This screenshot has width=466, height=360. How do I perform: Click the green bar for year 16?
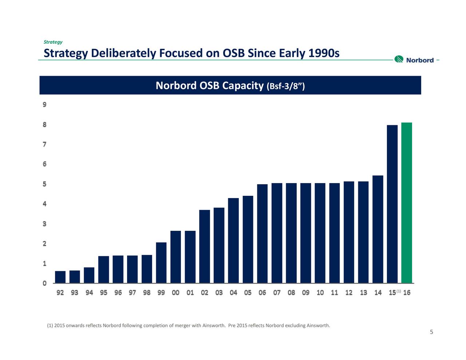tap(406, 203)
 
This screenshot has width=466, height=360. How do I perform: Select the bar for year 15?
tap(392, 204)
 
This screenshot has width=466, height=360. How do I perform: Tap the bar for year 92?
tap(60, 277)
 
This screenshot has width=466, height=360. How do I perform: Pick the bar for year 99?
tap(161, 262)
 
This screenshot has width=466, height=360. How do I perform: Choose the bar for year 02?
tap(205, 246)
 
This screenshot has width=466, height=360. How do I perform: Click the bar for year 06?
tap(262, 233)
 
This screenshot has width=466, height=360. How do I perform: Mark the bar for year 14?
tap(378, 229)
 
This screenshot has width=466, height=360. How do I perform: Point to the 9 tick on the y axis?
tap(44, 105)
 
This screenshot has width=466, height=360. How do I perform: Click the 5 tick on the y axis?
tap(44, 184)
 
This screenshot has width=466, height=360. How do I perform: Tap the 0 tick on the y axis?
tap(44, 283)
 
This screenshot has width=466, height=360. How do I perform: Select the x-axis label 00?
tap(175, 293)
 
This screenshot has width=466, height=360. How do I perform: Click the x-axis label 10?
tap(320, 293)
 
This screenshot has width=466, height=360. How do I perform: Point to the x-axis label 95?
tap(103, 293)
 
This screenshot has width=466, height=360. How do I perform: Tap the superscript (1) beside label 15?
tap(399, 291)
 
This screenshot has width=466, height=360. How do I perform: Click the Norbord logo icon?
tap(399, 59)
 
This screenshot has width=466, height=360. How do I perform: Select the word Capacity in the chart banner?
tap(243, 86)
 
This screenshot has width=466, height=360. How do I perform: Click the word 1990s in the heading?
tap(324, 53)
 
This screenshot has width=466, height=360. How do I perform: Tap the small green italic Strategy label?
tap(53, 42)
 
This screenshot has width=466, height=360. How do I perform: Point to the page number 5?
tap(431, 332)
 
